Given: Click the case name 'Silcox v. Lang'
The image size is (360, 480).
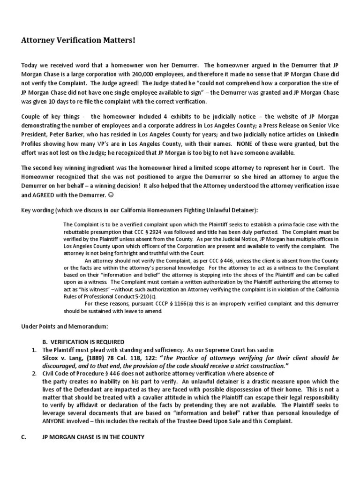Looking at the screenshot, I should click(x=62, y=357).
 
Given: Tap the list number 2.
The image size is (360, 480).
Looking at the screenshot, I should click(x=34, y=373).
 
